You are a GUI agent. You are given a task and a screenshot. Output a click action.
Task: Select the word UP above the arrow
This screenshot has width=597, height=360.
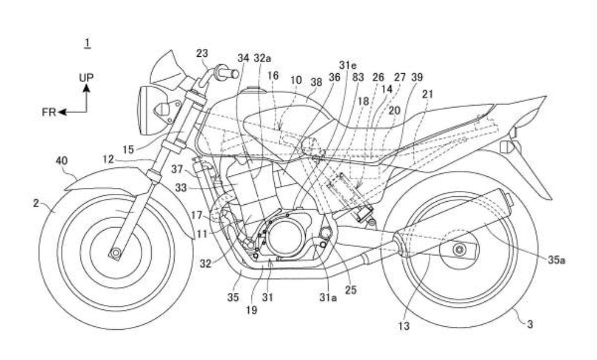coord(86,78)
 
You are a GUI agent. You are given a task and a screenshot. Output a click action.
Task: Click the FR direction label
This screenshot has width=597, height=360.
coord(49,112)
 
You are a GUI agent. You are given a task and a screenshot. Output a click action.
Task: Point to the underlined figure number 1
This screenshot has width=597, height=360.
coord(88,42)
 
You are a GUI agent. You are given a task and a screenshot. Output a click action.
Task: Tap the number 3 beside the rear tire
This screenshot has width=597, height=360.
coord(529,324)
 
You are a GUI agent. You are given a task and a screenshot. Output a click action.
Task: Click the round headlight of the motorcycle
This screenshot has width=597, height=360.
coord(147,109)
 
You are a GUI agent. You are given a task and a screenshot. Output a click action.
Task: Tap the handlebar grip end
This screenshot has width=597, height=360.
coord(233,74)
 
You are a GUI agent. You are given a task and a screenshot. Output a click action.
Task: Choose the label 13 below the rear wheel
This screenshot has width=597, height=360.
coord(404,326)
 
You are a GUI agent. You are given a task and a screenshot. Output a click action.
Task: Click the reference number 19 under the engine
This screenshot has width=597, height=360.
coord(251,310)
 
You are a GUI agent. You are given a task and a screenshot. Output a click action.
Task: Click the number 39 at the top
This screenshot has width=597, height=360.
coord(416,77)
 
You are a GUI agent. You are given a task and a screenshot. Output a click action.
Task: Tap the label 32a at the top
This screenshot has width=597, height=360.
coord(263,59)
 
